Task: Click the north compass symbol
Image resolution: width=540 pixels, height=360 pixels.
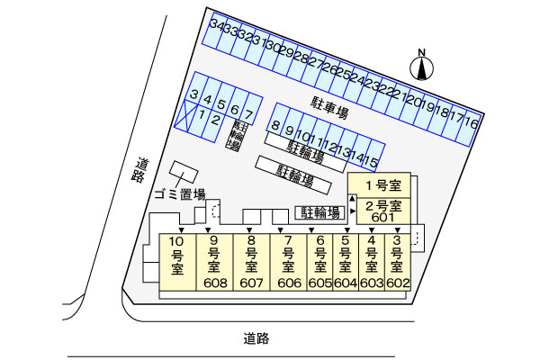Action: tap(421, 67)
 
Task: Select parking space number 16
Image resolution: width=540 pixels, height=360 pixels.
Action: tap(469, 128)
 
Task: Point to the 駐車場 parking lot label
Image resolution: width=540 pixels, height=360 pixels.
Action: tap(329, 108)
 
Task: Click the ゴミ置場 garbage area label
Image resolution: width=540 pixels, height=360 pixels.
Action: tap(179, 194)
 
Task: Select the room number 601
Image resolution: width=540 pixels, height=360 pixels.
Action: tap(383, 218)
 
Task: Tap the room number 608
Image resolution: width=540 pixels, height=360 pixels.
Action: tap(216, 283)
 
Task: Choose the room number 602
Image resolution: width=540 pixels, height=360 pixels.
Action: tap(398, 283)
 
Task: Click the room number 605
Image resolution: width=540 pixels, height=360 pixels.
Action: tap(319, 283)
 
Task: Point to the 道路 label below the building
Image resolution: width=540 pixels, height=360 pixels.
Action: tap(256, 338)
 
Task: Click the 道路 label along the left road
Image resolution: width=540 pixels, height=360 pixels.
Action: tap(140, 170)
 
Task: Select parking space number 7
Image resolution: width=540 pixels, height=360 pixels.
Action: tap(248, 113)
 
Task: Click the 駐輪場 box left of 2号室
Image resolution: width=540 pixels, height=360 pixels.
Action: tap(319, 213)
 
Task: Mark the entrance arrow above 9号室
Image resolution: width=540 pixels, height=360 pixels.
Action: tap(208, 230)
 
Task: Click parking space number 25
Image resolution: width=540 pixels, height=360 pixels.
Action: tap(343, 74)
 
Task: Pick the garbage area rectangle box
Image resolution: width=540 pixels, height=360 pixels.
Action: tap(184, 172)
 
